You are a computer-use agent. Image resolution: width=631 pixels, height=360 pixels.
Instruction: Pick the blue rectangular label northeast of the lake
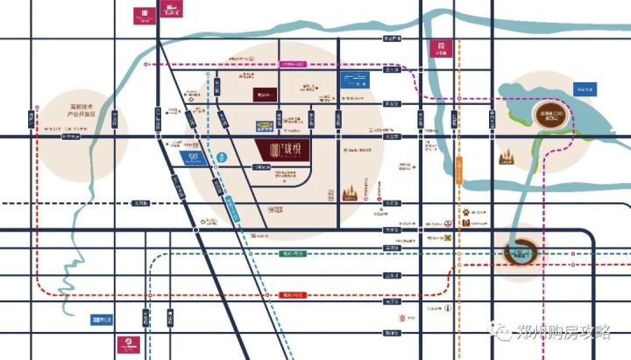[585, 89]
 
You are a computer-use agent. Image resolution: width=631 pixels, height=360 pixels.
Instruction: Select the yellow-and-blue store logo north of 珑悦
[264, 124]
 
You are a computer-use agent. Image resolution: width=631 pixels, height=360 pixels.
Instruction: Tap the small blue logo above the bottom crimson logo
[101, 321]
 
